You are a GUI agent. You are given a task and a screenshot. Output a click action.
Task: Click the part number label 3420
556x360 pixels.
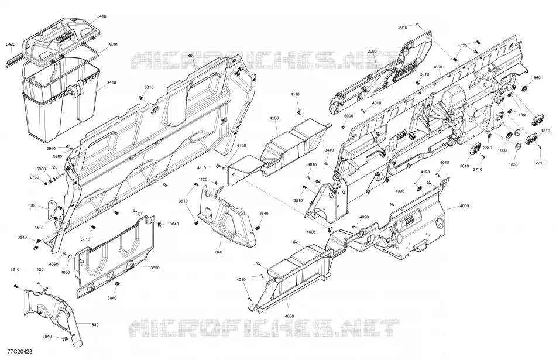(11, 44)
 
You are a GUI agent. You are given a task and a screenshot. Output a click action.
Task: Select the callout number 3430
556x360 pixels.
(113, 44)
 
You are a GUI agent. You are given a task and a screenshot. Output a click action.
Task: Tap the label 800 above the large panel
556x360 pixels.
(191, 56)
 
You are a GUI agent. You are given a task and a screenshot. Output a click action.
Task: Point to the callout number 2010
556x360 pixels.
(403, 28)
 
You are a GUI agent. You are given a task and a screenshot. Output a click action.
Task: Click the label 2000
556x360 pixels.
(372, 52)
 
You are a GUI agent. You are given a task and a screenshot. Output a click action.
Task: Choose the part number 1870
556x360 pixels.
(462, 46)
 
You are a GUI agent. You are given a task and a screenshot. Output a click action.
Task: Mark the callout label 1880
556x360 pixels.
(523, 115)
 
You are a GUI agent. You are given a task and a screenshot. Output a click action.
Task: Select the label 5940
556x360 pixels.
(51, 148)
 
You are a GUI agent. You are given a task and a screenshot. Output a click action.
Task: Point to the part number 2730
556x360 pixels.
(34, 177)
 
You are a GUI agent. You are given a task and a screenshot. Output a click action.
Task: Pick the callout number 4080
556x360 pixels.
(65, 272)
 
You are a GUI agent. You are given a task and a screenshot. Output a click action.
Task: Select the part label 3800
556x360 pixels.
(155, 268)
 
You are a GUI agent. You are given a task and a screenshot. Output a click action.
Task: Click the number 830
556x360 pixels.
(95, 325)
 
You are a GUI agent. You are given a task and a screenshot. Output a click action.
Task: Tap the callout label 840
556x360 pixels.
(219, 252)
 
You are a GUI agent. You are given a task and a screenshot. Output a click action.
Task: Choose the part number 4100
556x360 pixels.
(274, 118)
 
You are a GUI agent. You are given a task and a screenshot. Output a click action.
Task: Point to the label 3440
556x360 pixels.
(329, 150)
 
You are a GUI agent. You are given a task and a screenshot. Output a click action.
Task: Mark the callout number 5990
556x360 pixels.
(349, 116)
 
